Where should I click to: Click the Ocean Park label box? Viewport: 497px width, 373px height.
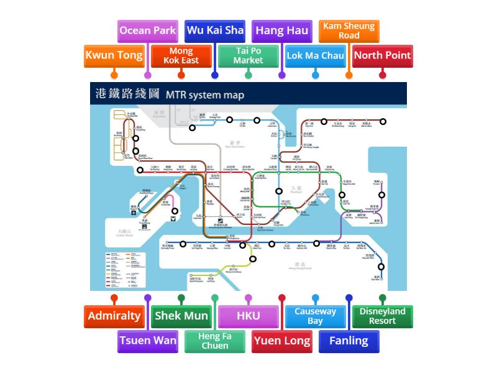147,30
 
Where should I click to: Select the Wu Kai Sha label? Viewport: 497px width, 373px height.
215,30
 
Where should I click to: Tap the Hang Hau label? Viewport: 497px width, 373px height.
282,30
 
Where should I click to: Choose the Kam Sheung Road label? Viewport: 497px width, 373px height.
349,30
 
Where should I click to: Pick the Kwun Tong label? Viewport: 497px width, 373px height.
114,55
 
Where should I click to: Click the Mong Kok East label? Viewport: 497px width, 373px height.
181,55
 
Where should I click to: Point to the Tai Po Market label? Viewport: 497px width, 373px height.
248,55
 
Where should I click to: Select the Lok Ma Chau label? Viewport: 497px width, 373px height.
316,55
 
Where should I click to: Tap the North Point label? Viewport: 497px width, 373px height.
383,55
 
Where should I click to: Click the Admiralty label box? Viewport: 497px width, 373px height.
114,316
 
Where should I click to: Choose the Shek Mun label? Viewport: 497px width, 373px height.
181,316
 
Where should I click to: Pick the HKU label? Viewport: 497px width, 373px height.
248,316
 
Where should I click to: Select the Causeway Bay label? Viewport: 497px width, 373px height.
316,316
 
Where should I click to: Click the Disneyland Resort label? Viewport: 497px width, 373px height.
383,316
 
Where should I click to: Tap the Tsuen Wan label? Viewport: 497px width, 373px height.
148,341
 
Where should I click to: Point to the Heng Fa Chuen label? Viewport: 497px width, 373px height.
215,341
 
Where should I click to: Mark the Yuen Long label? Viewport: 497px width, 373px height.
282,341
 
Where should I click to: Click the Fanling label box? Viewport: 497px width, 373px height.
349,341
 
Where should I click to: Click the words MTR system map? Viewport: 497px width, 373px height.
205,94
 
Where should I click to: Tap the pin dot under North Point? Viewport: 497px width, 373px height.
383,75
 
